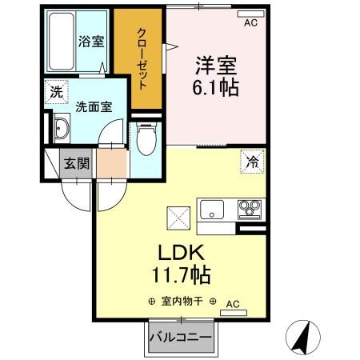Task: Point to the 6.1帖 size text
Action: click(214, 87)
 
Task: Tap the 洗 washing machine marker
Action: click(54, 92)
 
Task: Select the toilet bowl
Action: click(145, 140)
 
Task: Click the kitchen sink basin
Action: click(214, 210)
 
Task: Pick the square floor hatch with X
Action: click(177, 215)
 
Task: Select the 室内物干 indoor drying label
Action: click(186, 302)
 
